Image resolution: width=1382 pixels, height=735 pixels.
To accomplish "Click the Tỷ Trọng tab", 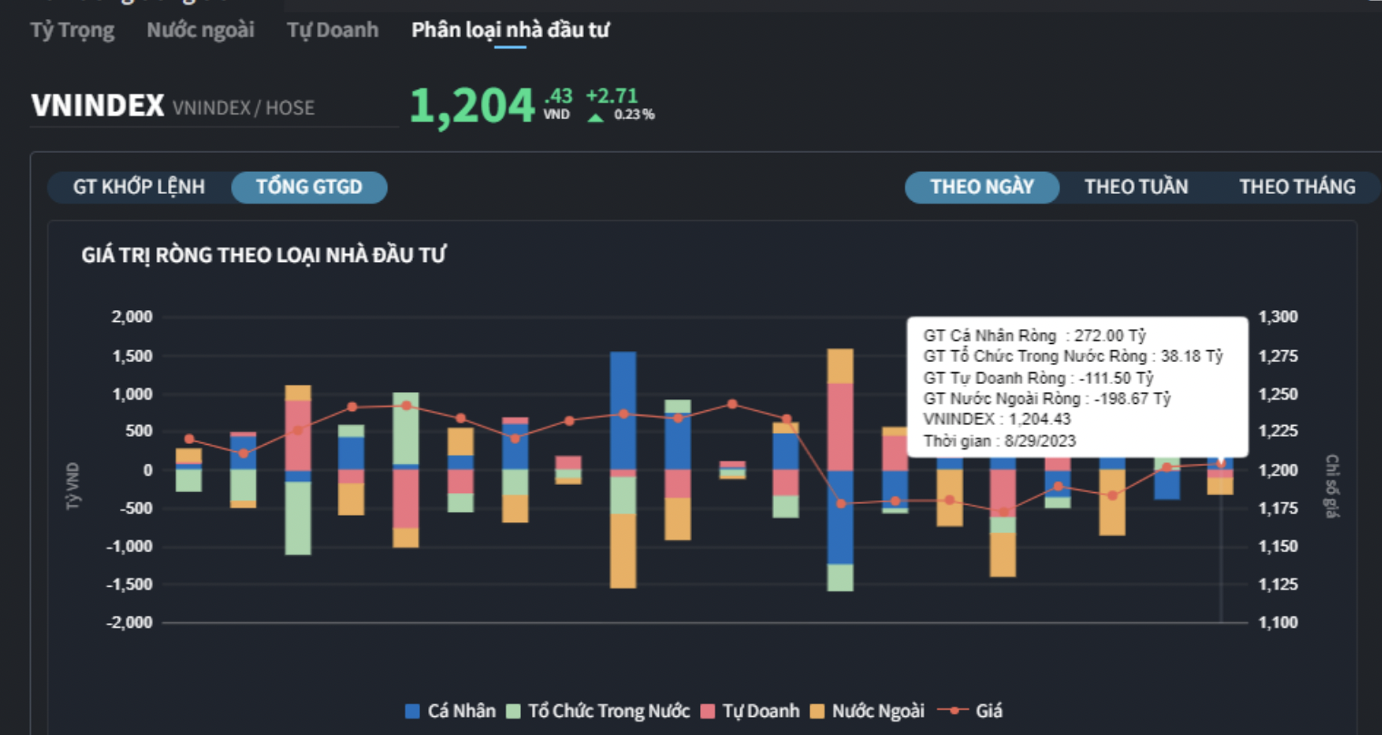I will [x=73, y=30].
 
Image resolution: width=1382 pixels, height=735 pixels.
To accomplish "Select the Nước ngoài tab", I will [x=200, y=30].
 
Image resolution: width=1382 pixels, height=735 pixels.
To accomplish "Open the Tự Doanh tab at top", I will [x=333, y=30].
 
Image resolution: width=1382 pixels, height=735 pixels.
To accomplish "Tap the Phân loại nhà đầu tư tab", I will [x=510, y=30].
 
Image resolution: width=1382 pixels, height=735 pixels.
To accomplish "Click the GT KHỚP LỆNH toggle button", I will [x=139, y=187].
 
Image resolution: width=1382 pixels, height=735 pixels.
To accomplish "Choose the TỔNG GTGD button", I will [x=309, y=187].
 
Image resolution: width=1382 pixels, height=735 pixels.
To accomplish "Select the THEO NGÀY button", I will [x=982, y=187].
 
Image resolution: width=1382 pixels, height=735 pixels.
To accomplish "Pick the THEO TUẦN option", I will [x=1136, y=187].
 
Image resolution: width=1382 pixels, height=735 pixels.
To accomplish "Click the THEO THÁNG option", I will [x=1297, y=187].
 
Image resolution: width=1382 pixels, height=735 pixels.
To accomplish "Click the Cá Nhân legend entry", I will [x=451, y=711].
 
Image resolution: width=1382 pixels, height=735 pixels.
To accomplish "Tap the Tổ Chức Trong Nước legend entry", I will [x=598, y=711].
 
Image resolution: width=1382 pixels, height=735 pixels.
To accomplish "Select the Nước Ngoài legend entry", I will [x=867, y=711].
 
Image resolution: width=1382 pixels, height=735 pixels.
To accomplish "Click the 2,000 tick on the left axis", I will [x=132, y=317].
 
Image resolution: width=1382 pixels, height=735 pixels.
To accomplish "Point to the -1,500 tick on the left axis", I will [x=129, y=585].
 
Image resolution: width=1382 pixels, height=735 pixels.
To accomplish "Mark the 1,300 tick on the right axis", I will [x=1277, y=317].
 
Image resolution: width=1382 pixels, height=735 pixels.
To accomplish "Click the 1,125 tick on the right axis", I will [x=1277, y=585].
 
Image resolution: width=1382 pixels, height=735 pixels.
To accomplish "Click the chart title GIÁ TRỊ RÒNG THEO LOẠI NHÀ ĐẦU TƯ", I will [x=264, y=256].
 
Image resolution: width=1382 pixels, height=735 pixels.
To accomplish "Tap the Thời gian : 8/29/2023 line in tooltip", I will [x=999, y=441].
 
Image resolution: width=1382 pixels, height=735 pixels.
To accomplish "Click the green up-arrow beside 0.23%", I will [x=596, y=116].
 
